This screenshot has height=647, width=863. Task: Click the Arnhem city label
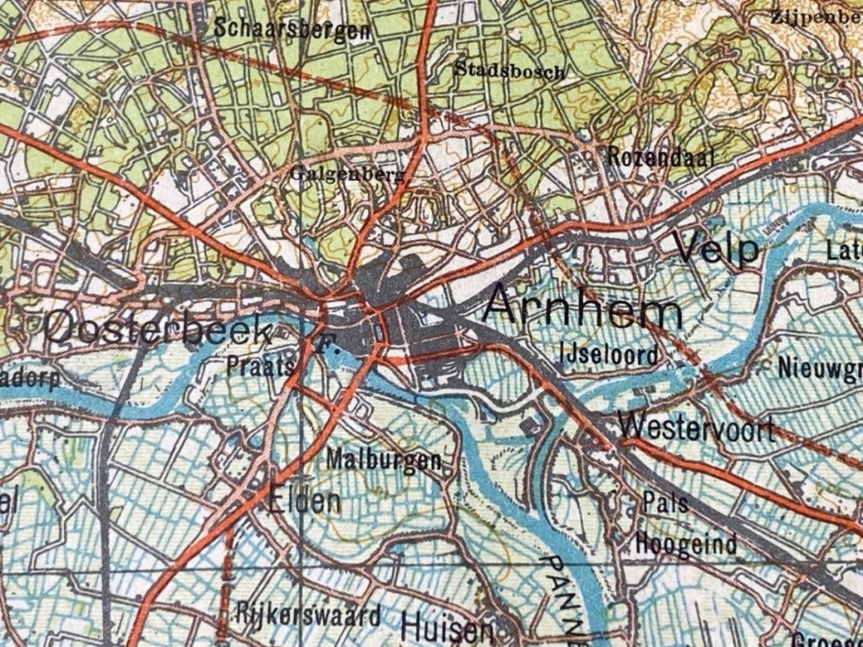pyautogui.click(x=584, y=307)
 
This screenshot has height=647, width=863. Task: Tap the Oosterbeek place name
pyautogui.click(x=158, y=328)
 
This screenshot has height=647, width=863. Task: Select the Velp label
pyautogui.click(x=717, y=249)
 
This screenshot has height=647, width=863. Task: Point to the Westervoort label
pyautogui.click(x=696, y=429)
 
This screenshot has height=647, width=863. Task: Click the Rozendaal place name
pyautogui.click(x=661, y=157)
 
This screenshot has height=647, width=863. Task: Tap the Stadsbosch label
pyautogui.click(x=509, y=70)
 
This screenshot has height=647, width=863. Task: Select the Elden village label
pyautogui.click(x=304, y=503)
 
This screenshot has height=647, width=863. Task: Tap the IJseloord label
pyautogui.click(x=608, y=355)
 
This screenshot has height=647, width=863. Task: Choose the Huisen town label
pyautogui.click(x=447, y=628)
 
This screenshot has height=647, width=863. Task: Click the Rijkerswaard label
pyautogui.click(x=309, y=613)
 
